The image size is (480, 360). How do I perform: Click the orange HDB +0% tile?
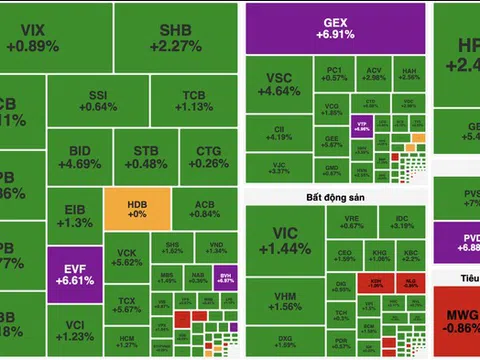click(136, 209)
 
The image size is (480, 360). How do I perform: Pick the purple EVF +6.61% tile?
click(74, 273)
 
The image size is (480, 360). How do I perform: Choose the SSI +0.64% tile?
click(98, 100)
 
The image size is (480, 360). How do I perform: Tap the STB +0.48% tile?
click(151, 157)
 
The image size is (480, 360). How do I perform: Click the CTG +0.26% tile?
click(208, 157)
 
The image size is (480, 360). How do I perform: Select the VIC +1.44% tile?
click(272, 240)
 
